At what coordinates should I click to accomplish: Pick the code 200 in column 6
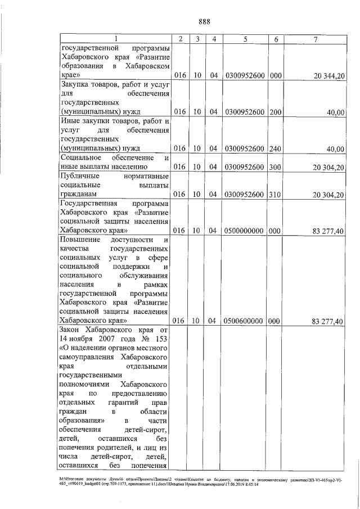pyautogui.click(x=276, y=112)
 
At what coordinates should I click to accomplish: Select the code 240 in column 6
pyautogui.click(x=276, y=148)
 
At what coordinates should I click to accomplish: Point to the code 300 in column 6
pyautogui.click(x=276, y=166)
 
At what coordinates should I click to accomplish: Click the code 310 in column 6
pyautogui.click(x=276, y=194)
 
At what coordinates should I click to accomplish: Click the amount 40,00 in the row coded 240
pyautogui.click(x=336, y=149)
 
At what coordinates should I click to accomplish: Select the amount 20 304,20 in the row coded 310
pyautogui.click(x=328, y=195)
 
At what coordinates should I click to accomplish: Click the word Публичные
pyautogui.click(x=81, y=175)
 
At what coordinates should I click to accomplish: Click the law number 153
pyautogui.click(x=163, y=339)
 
